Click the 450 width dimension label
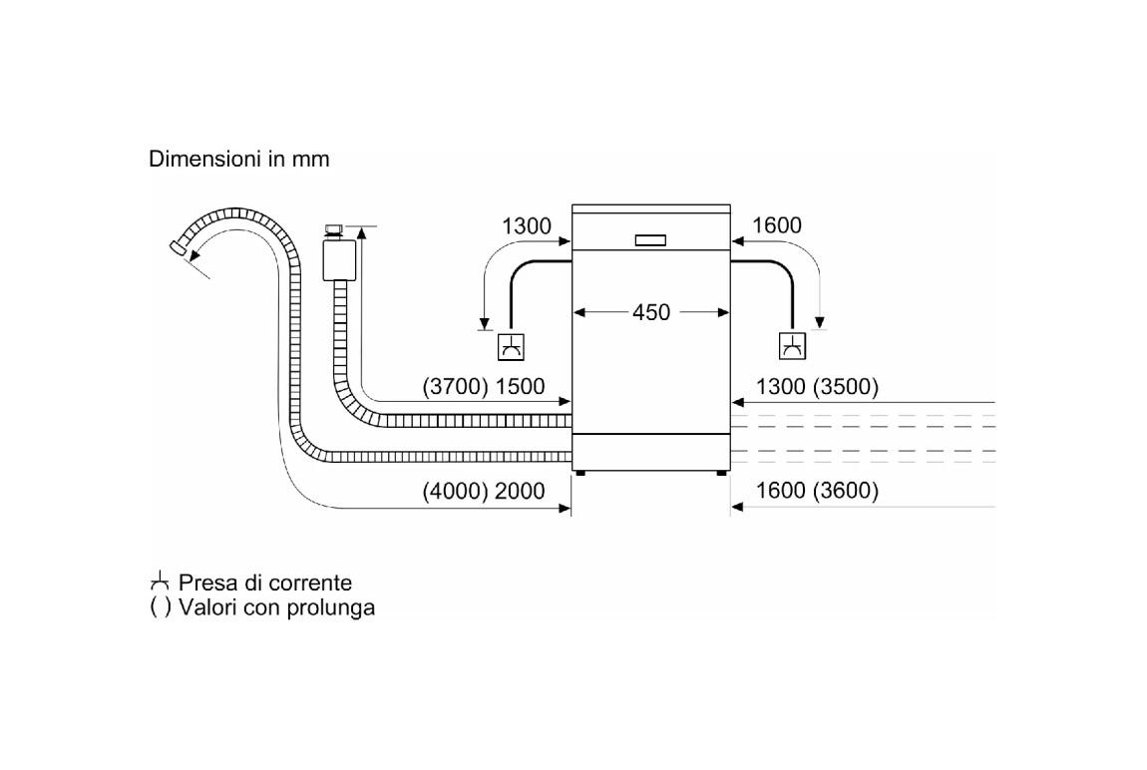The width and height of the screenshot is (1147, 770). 651,312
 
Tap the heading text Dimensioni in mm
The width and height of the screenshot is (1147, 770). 239,159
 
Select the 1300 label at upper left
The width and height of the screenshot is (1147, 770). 526,226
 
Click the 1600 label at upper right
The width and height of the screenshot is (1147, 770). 777,225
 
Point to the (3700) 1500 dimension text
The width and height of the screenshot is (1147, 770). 484,386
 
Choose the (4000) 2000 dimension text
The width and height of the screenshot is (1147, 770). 484,491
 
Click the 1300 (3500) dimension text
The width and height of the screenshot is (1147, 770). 817,386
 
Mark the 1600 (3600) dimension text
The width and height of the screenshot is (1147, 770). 817,490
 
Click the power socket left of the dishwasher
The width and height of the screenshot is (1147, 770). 511,347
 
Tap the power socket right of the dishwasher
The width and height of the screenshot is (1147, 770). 792,346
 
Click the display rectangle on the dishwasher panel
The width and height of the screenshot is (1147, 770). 650,240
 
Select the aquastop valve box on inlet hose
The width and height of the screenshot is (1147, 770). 339,259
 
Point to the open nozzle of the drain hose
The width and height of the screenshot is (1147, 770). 177,246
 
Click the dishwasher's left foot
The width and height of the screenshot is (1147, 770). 580,473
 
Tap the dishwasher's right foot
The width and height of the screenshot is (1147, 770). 722,473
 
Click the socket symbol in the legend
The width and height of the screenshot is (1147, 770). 160,582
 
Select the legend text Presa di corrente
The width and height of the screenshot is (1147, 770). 264,582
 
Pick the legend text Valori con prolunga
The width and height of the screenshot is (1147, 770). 276,607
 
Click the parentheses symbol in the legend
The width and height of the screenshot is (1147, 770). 161,607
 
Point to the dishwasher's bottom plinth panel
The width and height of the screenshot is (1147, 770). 651,452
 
